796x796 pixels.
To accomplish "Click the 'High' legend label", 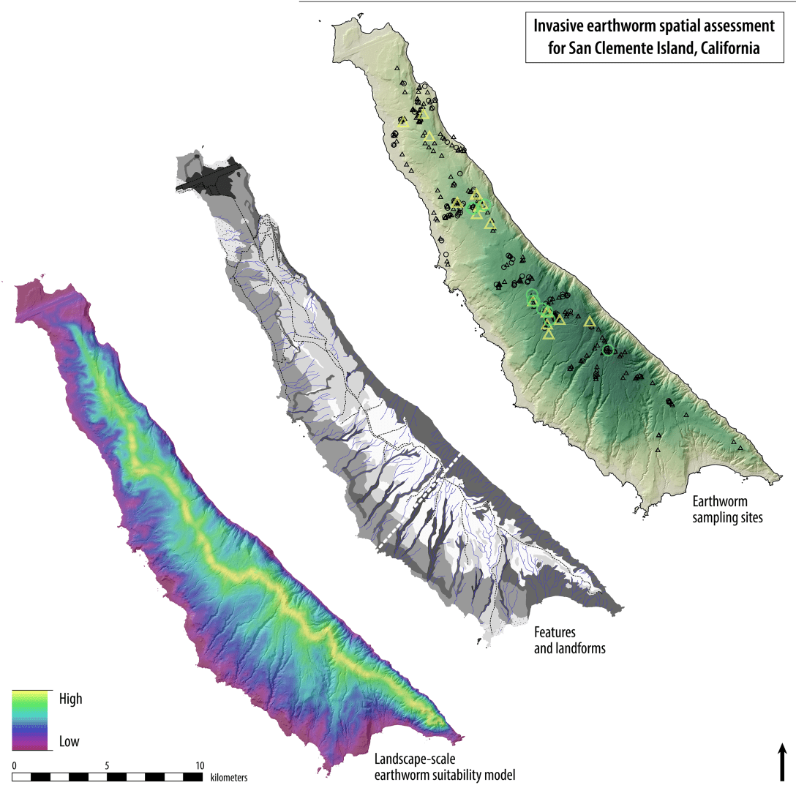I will coord(70,699).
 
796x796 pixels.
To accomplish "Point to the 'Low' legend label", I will coord(69,741).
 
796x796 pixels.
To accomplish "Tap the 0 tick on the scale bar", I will coord(14,765).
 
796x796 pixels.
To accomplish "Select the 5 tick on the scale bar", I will coord(108,765).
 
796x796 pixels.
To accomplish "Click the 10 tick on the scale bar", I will coord(200,765).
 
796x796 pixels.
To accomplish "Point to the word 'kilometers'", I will coord(228,777).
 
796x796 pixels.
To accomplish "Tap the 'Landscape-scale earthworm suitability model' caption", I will coord(445,767).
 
